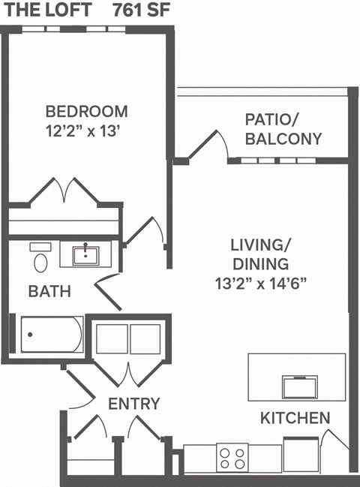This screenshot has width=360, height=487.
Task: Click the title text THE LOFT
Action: coord(47,11)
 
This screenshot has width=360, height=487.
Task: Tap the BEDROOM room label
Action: coord(87,111)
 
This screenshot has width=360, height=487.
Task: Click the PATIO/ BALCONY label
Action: coord(283,129)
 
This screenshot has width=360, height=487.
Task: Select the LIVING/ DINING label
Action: coord(259,254)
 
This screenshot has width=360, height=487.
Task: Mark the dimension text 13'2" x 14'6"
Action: coord(259,284)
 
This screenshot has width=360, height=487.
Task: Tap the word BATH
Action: coord(49,291)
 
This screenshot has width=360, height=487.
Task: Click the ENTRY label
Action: coord(134,404)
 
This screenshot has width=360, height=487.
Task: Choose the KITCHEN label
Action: coord(295,418)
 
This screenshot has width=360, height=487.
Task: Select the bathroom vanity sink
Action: coord(89,254)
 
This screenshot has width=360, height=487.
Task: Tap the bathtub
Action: coord(52,335)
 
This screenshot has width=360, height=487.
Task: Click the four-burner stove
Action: coord(232,456)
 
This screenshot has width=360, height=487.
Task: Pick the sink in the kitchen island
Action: coord(303,386)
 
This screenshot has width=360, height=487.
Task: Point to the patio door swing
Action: coord(213,145)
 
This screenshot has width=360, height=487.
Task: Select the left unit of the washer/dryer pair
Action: coord(112,339)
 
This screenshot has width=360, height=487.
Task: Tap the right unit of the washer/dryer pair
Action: coord(145,339)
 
